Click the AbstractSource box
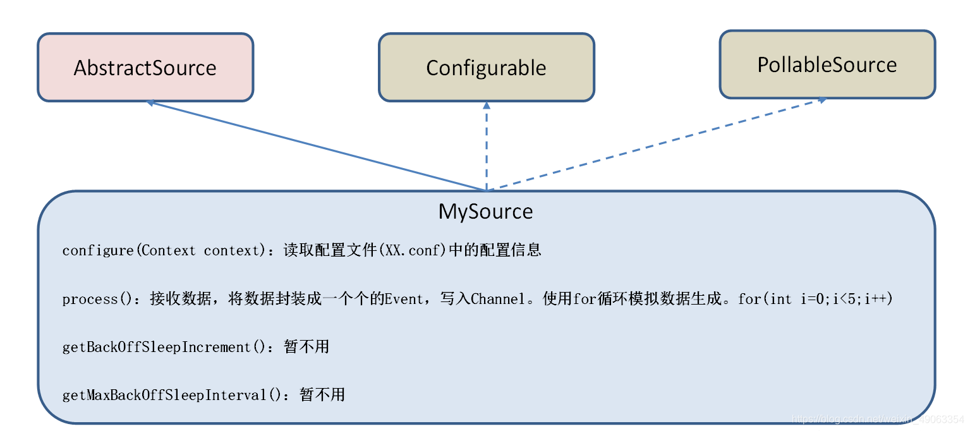[145, 68]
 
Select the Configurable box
[486, 68]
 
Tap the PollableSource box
[827, 64]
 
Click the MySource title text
[485, 212]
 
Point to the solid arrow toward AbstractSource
[316, 145]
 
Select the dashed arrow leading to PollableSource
[657, 144]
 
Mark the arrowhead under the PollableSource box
[821, 100]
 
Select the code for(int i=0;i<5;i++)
[815, 299]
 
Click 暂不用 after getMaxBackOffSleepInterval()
[322, 396]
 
